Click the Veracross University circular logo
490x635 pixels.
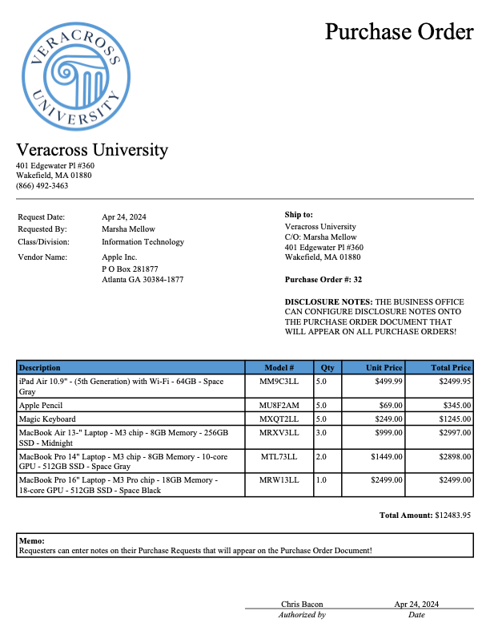pos(76,75)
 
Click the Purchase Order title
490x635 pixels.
pos(399,31)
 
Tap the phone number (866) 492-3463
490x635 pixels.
pos(42,185)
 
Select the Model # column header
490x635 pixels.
pos(279,367)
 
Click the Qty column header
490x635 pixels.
pos(327,367)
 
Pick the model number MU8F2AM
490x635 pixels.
pos(279,406)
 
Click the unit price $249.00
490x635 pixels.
pos(388,419)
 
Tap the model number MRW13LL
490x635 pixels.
pos(279,479)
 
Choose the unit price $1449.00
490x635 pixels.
pos(386,455)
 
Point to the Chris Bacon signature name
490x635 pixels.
pos(302,604)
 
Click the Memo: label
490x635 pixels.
pos(31,542)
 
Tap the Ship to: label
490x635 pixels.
pos(299,215)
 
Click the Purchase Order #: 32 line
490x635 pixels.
pos(323,280)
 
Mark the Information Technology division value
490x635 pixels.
pos(143,241)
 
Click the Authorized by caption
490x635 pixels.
pos(302,615)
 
